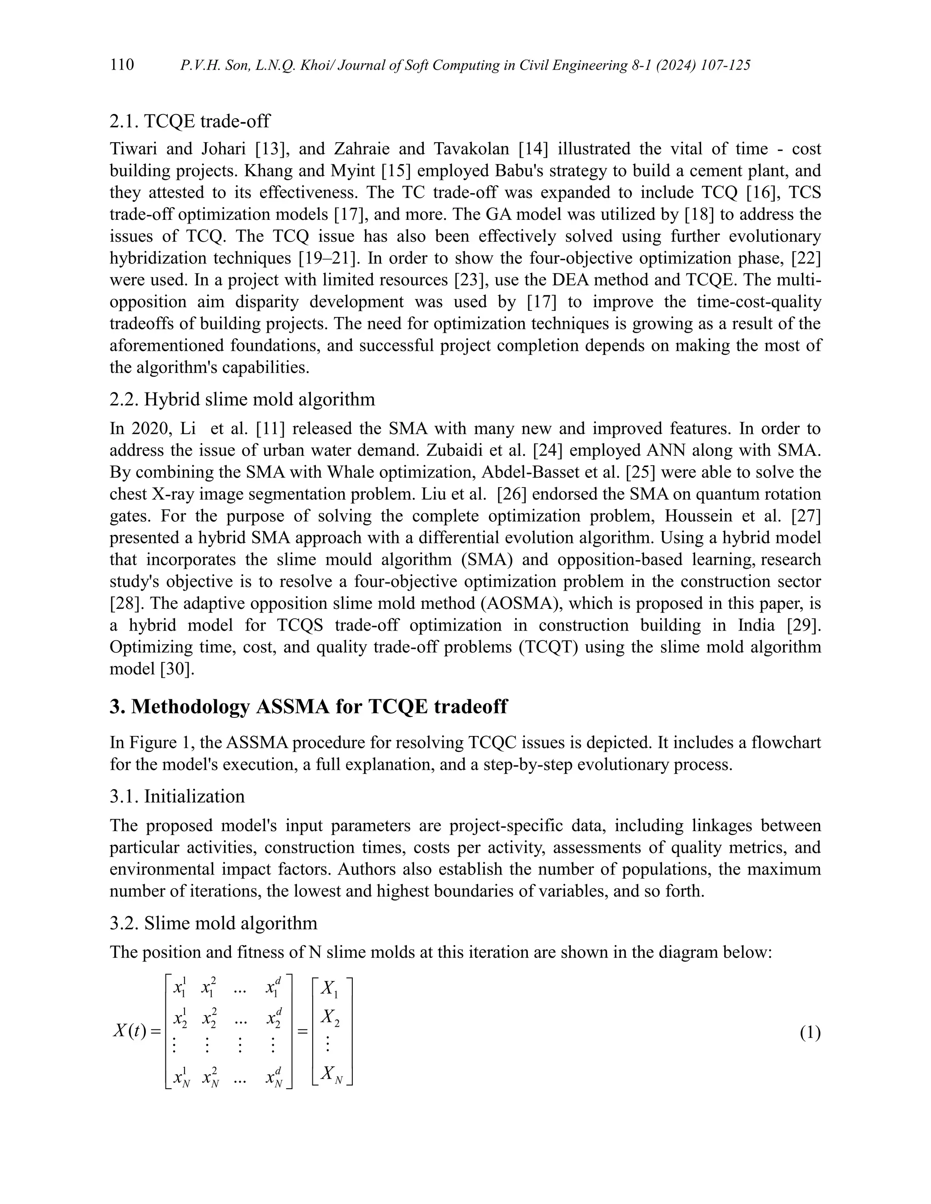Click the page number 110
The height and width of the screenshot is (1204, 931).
pyautogui.click(x=122, y=65)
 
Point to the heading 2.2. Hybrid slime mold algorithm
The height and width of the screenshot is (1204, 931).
pyautogui.click(x=242, y=399)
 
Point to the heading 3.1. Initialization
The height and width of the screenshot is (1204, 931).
pyautogui.click(x=177, y=796)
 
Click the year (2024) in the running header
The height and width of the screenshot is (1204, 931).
pyautogui.click(x=656, y=65)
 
